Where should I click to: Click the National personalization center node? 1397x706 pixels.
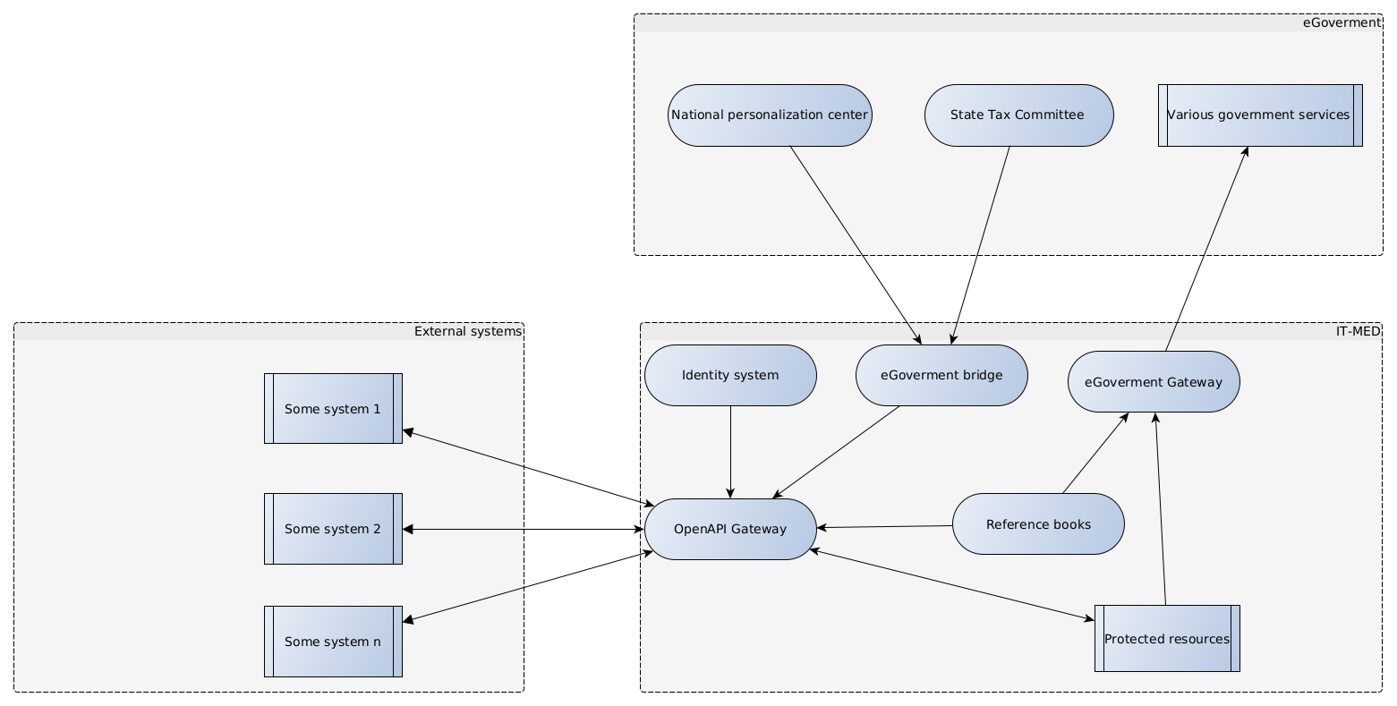click(770, 115)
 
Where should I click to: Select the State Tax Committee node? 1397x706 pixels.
click(1018, 115)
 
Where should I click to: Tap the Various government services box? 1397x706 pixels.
click(1259, 115)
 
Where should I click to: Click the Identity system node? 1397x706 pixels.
click(730, 376)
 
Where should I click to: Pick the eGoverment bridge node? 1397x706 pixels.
click(941, 376)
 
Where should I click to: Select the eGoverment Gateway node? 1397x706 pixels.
click(1154, 382)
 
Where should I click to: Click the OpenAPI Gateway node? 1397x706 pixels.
click(730, 529)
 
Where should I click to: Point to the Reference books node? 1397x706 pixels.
click(1038, 524)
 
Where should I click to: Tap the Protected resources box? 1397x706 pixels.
click(1167, 639)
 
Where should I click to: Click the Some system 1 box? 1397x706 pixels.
click(333, 409)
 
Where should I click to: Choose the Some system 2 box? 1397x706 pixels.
click(333, 529)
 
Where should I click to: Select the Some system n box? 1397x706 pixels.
click(333, 642)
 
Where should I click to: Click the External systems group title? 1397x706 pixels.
click(467, 332)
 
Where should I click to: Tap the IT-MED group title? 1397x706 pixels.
click(1358, 332)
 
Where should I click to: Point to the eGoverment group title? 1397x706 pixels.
click(1342, 23)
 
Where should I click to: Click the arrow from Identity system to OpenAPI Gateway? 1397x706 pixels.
click(730, 452)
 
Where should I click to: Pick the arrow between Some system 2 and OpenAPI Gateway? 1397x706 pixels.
click(524, 529)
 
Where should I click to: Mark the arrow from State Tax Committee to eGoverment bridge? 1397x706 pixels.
click(981, 245)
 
